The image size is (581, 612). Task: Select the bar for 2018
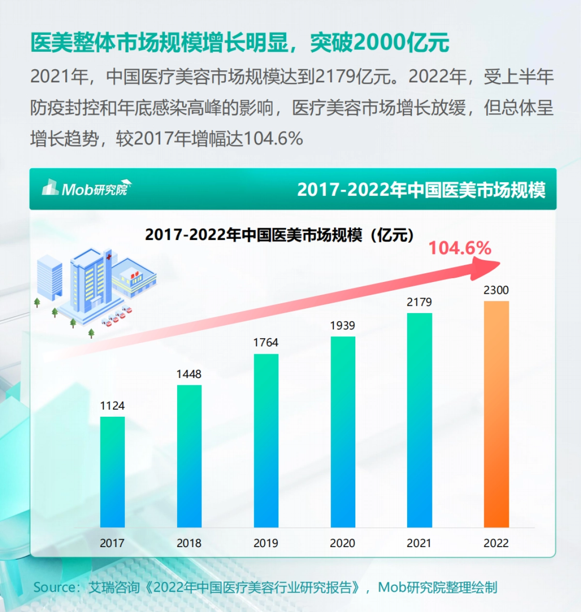pos(189,456)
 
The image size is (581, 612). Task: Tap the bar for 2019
pos(266,440)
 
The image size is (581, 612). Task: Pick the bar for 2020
pos(343,432)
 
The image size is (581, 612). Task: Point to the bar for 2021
pos(419,420)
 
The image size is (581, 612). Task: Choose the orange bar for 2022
pos(496,414)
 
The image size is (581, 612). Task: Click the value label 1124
pos(112,406)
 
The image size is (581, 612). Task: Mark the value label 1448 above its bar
pos(189,374)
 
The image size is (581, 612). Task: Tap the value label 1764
pos(266,343)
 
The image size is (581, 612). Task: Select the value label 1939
pos(343,326)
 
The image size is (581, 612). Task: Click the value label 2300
pos(496,290)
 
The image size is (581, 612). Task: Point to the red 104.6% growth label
pos(460,248)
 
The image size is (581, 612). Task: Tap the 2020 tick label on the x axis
pos(342,543)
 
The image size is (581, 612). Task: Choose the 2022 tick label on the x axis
pos(496,543)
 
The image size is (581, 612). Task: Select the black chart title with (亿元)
pos(279,235)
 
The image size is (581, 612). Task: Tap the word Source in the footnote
pos(54,587)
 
